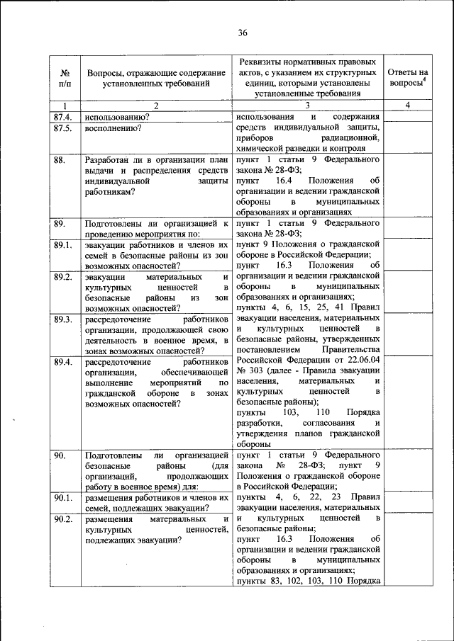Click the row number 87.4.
pyautogui.click(x=62, y=116)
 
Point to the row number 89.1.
pyautogui.click(x=62, y=245)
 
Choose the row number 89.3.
pyautogui.click(x=62, y=319)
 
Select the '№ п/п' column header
pyautogui.click(x=64, y=78)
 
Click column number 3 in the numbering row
pyautogui.click(x=307, y=106)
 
